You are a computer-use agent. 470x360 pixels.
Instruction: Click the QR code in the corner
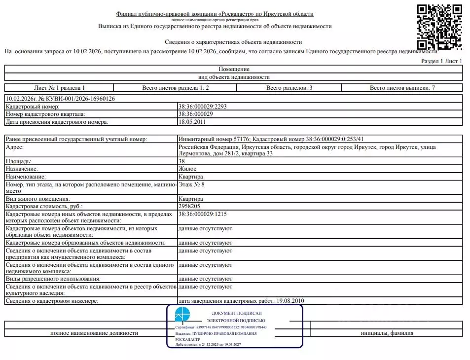coord(439,27)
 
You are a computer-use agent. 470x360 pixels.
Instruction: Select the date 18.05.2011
coord(192,121)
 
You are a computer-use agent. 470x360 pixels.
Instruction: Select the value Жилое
coord(187,169)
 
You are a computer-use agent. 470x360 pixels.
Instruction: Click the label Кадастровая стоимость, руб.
coord(44,206)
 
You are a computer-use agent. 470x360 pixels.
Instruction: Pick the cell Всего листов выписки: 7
coord(402,88)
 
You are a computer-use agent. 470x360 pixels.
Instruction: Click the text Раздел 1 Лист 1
coord(441,61)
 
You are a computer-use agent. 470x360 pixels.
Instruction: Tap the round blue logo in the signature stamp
coord(182,315)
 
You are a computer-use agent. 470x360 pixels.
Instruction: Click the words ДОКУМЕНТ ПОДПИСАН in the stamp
coord(236,313)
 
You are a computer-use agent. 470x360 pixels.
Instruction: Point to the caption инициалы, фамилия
coord(387,333)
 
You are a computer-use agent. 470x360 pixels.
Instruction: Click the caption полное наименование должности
coord(94,333)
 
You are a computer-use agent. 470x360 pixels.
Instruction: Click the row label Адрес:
coord(14,147)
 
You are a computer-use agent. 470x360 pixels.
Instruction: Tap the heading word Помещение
coord(234,69)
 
